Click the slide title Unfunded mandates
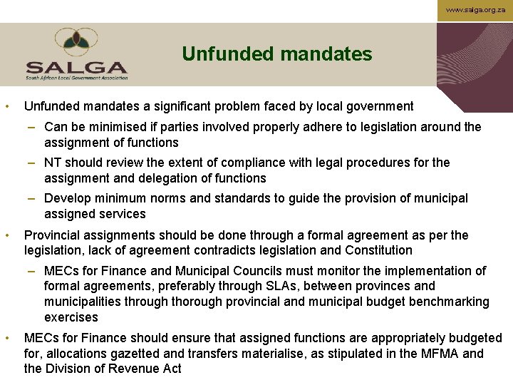coord(276,54)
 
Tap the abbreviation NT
coord(52,163)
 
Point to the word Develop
coord(67,198)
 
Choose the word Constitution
coord(378,250)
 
